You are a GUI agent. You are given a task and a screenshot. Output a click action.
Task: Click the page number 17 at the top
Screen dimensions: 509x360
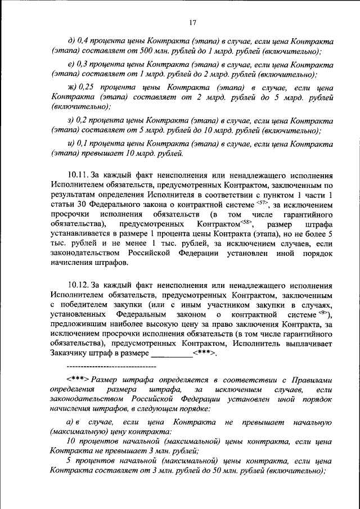(x=192, y=22)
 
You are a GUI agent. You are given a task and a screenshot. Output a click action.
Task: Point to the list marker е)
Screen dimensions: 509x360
(x=70, y=65)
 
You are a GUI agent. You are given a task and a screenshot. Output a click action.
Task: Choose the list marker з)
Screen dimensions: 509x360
(x=70, y=120)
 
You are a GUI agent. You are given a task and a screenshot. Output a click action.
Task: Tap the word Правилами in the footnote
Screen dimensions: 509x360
(x=310, y=379)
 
